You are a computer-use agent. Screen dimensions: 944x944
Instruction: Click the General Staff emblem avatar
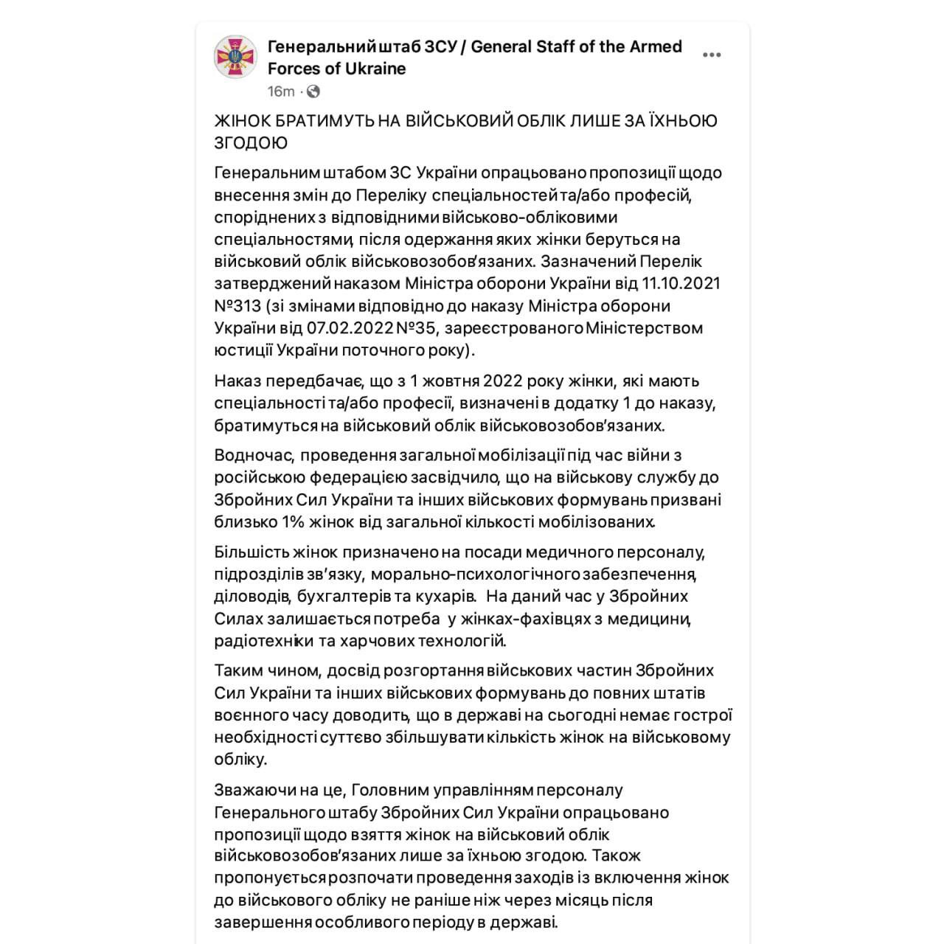[235, 57]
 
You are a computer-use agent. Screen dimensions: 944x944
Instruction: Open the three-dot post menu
[712, 55]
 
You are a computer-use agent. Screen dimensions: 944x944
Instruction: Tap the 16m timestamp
[280, 91]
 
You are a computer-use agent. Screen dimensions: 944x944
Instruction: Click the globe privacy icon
[313, 91]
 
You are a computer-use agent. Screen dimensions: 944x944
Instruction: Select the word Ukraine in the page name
[378, 69]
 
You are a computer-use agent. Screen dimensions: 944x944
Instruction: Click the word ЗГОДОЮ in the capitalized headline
[251, 143]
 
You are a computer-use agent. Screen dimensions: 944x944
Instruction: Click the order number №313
[237, 306]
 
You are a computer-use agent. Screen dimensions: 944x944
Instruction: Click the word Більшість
[248, 552]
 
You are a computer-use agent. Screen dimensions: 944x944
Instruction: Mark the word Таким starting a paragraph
[236, 671]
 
